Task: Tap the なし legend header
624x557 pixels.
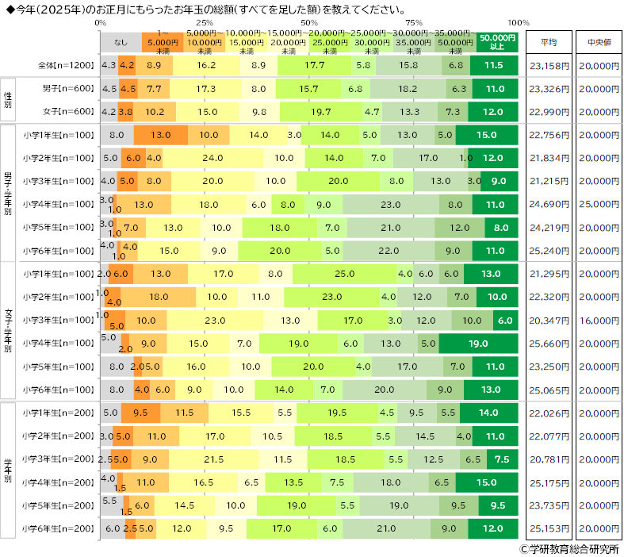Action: tap(121, 42)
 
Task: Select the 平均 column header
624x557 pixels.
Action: tap(548, 42)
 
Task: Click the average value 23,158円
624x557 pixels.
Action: tap(548, 65)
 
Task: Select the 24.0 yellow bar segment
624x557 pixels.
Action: tap(213, 158)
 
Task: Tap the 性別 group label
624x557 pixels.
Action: tap(7, 99)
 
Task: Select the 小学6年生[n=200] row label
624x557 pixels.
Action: tap(59, 528)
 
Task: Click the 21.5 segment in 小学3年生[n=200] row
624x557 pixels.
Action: tap(215, 459)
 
